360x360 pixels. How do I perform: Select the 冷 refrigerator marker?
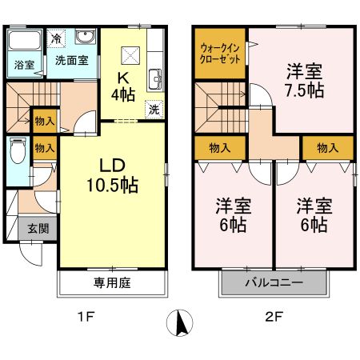tap(56, 38)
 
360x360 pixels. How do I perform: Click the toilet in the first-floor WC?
tap(18, 150)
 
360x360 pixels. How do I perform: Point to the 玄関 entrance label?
tap(38, 228)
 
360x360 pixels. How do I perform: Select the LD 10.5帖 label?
tap(112, 174)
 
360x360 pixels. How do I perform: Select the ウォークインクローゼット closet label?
tap(218, 54)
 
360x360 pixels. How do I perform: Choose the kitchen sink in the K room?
tap(155, 78)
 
